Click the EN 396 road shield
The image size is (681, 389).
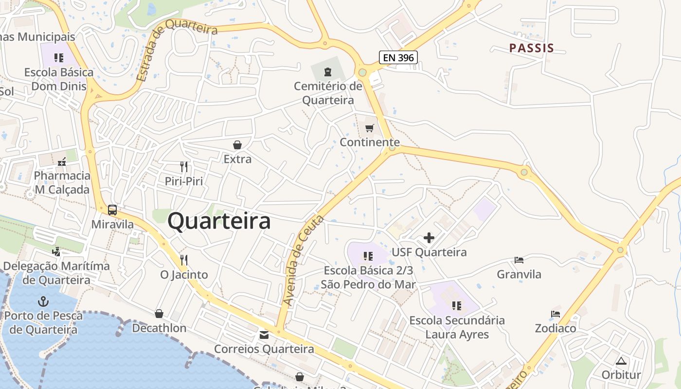pos(398,57)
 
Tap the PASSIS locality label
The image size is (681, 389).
pos(531,48)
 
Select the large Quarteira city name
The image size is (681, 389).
pos(219,222)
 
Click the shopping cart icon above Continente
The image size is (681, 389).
pos(370,128)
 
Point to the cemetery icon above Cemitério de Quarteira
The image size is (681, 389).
pos(328,72)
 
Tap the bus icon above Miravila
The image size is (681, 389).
pos(112,210)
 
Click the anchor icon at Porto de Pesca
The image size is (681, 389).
pos(43,301)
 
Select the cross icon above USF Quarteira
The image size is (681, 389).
pos(429,238)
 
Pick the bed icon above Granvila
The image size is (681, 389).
pos(519,260)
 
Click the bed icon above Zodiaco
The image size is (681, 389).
pos(556,314)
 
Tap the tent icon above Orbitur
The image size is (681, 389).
pos(621,361)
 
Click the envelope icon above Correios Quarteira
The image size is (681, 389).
pos(264,335)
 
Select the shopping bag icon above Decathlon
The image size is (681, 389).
pos(159,314)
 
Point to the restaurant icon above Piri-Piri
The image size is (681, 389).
pos(183,167)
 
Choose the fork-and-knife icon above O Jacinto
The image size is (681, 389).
pos(183,260)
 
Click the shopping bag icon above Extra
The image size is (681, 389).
pos(237,145)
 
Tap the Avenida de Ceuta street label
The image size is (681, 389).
pos(303,261)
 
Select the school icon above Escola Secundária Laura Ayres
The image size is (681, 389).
pos(456,306)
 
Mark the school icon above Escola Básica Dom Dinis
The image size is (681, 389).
pos(59,58)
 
